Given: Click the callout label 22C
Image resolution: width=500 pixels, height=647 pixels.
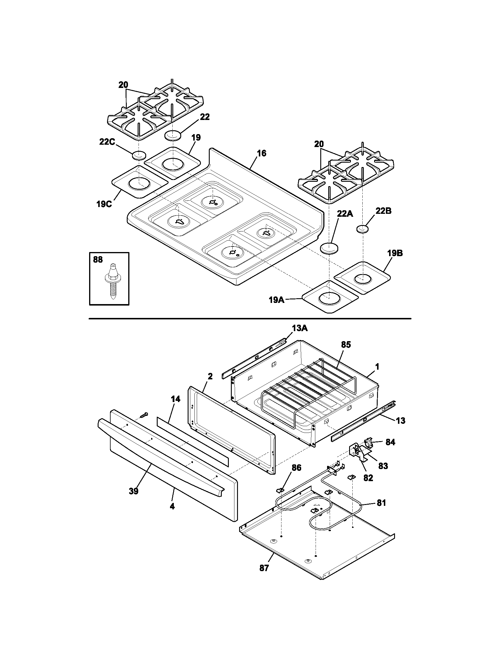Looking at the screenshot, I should pos(107,142).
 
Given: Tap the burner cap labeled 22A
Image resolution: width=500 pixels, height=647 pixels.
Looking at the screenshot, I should pos(329,248).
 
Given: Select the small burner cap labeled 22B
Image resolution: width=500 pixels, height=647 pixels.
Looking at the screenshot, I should pos(362,229).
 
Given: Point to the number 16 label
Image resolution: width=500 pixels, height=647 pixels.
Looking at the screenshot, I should pos(261,153).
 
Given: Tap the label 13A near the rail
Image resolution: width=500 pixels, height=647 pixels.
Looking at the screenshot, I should pos(299,328).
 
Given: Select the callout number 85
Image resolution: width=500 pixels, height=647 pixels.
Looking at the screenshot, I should pos(346,345).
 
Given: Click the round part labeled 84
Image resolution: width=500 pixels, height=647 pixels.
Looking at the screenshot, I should pos(368,443).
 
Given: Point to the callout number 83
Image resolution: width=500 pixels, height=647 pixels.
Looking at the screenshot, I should pos(383,466).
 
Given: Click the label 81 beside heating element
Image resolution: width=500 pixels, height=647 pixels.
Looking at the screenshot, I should pos(381,503).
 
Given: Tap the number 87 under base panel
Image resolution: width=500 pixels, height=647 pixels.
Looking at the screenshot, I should pos(264,568).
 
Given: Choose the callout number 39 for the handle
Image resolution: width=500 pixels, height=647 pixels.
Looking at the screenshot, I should pos(134,491).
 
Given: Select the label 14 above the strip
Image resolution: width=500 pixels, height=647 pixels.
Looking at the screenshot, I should pos(176,399).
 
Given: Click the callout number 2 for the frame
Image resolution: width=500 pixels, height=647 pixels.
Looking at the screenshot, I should pos(210,376).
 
